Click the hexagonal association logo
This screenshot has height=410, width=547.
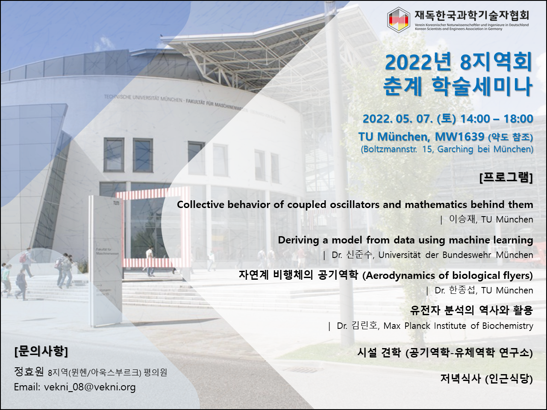(398, 20)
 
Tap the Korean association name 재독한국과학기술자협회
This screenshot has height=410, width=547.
(472, 15)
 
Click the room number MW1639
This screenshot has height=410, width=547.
(459, 136)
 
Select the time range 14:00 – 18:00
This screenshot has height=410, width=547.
(497, 119)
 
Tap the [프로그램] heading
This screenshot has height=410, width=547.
(506, 178)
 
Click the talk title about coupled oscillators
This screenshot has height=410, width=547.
(355, 205)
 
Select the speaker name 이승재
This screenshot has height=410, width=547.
(463, 219)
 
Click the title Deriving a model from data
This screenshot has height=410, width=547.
(406, 240)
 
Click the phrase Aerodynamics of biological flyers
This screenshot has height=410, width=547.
(447, 275)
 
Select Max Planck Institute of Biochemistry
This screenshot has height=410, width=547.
(458, 325)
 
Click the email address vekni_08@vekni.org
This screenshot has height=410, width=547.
(90, 387)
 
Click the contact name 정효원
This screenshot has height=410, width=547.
(29, 372)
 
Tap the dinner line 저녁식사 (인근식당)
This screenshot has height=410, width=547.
(486, 379)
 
